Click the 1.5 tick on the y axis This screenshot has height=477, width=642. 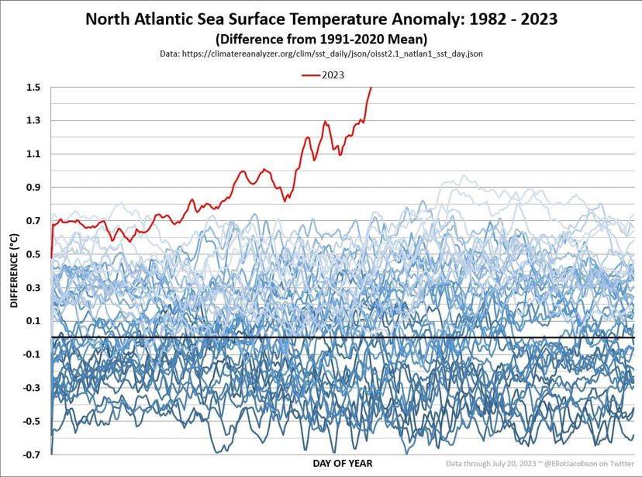[33, 87]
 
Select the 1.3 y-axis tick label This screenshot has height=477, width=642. [33, 120]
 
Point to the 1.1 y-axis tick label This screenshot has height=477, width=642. [33, 154]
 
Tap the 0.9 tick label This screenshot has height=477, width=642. [33, 187]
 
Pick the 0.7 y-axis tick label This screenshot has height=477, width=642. [33, 220]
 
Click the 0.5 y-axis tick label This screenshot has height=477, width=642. [33, 254]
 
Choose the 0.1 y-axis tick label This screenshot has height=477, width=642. [33, 320]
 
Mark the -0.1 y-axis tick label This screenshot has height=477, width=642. [32, 354]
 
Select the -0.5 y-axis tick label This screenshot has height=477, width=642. [32, 420]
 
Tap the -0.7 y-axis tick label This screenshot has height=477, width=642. [32, 454]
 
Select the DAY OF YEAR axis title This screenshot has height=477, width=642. [342, 464]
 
